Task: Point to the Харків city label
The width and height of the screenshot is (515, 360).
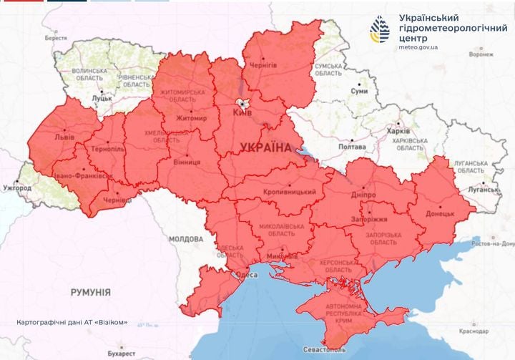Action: point(398,132)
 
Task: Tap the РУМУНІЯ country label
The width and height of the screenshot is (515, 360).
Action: point(90,292)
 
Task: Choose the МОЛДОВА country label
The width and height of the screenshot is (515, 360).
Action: point(187,238)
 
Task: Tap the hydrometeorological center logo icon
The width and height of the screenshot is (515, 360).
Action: point(379,29)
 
